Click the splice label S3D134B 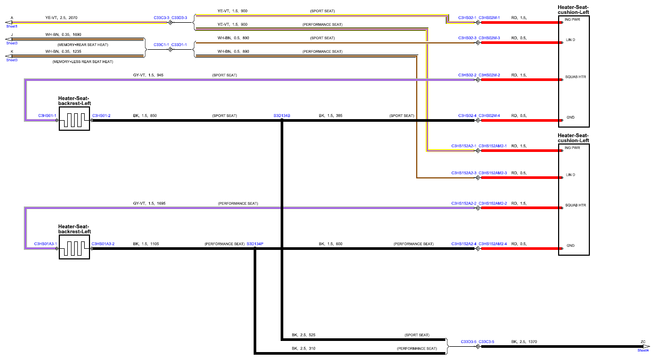[282, 115]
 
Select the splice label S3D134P [255, 244]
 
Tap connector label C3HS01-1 [47, 115]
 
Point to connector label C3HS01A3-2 [103, 244]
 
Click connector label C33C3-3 [161, 18]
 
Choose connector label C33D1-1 [179, 45]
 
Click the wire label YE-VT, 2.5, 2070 [61, 18]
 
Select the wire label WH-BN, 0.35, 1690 [63, 34]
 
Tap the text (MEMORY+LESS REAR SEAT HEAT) [83, 62]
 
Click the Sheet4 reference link [643, 350]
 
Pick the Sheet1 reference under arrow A [12, 26]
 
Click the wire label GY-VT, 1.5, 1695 [149, 203]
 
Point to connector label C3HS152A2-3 [464, 173]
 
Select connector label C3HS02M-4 [489, 115]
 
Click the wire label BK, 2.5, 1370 [524, 341]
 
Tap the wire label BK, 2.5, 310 [303, 348]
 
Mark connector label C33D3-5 [469, 341]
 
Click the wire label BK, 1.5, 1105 [146, 244]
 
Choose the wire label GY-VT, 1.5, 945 [148, 75]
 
